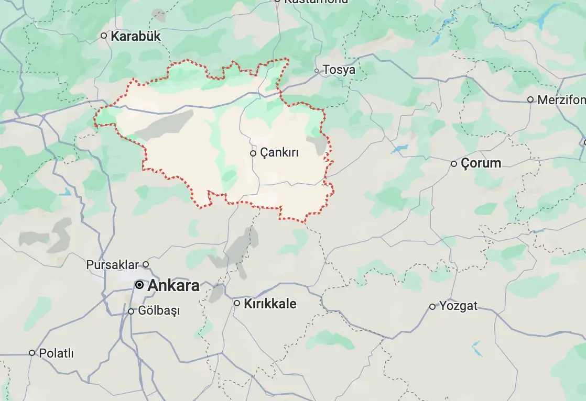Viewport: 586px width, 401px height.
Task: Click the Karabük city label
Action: pos(136,37)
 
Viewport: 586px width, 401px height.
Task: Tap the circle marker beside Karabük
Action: pos(104,36)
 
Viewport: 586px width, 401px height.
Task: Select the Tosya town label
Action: pos(339,70)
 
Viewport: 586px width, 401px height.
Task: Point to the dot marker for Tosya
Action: pos(317,70)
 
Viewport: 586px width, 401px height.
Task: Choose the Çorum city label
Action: pos(481,163)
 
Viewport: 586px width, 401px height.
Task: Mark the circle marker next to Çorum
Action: pos(454,164)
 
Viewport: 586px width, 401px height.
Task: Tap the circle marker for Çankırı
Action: pos(253,153)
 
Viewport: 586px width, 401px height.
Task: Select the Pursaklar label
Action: pos(112,265)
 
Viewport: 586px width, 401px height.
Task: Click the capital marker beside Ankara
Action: pos(139,285)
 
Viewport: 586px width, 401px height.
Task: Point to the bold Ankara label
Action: pos(173,286)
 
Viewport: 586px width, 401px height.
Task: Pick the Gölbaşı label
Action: pos(159,311)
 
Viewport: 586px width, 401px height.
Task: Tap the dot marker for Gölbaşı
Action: pos(131,311)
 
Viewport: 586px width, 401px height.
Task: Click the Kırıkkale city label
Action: pos(270,304)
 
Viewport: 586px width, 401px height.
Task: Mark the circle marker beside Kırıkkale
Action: pos(237,303)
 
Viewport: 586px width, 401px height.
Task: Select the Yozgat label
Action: pos(459,306)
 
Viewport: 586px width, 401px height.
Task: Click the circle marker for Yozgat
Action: pos(432,306)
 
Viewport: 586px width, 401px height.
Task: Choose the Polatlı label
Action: pos(57,353)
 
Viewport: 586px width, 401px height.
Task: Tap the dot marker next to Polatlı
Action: pos(32,353)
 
